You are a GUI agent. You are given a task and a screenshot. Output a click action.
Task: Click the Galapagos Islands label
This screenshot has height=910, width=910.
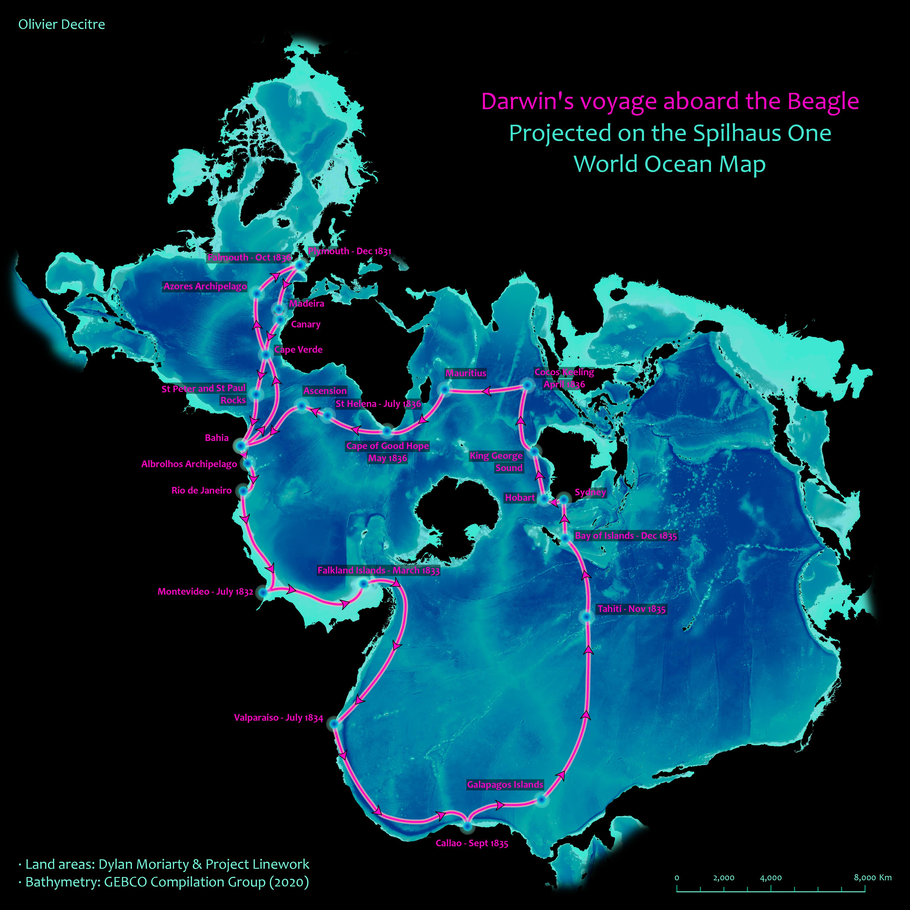pos(505,784)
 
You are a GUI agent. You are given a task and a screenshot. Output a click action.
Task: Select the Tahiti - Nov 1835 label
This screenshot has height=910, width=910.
pos(631,609)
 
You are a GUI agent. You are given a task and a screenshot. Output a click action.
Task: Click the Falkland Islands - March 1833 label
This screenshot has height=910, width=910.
pos(378,570)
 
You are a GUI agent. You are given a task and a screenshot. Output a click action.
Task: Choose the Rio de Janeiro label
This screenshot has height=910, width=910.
pos(202,490)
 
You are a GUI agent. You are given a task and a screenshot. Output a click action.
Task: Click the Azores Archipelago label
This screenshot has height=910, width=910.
pos(205,286)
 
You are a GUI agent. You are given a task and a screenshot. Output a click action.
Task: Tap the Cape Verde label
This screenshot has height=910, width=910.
pos(298,349)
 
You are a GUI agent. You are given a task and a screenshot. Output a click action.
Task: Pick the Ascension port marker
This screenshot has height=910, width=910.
pos(301,405)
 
